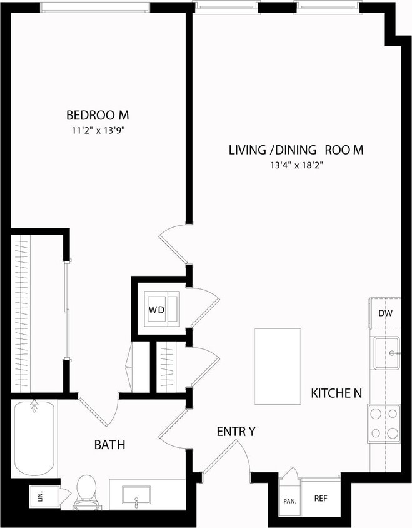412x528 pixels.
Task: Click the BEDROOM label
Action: coord(98,115)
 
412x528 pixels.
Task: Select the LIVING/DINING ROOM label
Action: coord(296,150)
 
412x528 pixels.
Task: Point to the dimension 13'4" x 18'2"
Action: coord(296,165)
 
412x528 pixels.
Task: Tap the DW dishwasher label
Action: coord(385,313)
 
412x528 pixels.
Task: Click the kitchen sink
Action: coord(386,353)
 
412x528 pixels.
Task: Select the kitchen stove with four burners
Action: coord(384,423)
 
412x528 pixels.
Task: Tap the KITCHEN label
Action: coord(336,393)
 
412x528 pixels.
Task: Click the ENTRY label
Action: coord(236,431)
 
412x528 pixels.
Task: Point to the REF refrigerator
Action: coord(321,499)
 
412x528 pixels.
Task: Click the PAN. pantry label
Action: coord(289,501)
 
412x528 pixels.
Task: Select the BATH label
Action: coord(109,445)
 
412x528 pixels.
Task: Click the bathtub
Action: coord(34,439)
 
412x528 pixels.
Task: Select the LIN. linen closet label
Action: coord(41,497)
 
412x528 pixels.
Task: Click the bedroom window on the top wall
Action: coord(95,7)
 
